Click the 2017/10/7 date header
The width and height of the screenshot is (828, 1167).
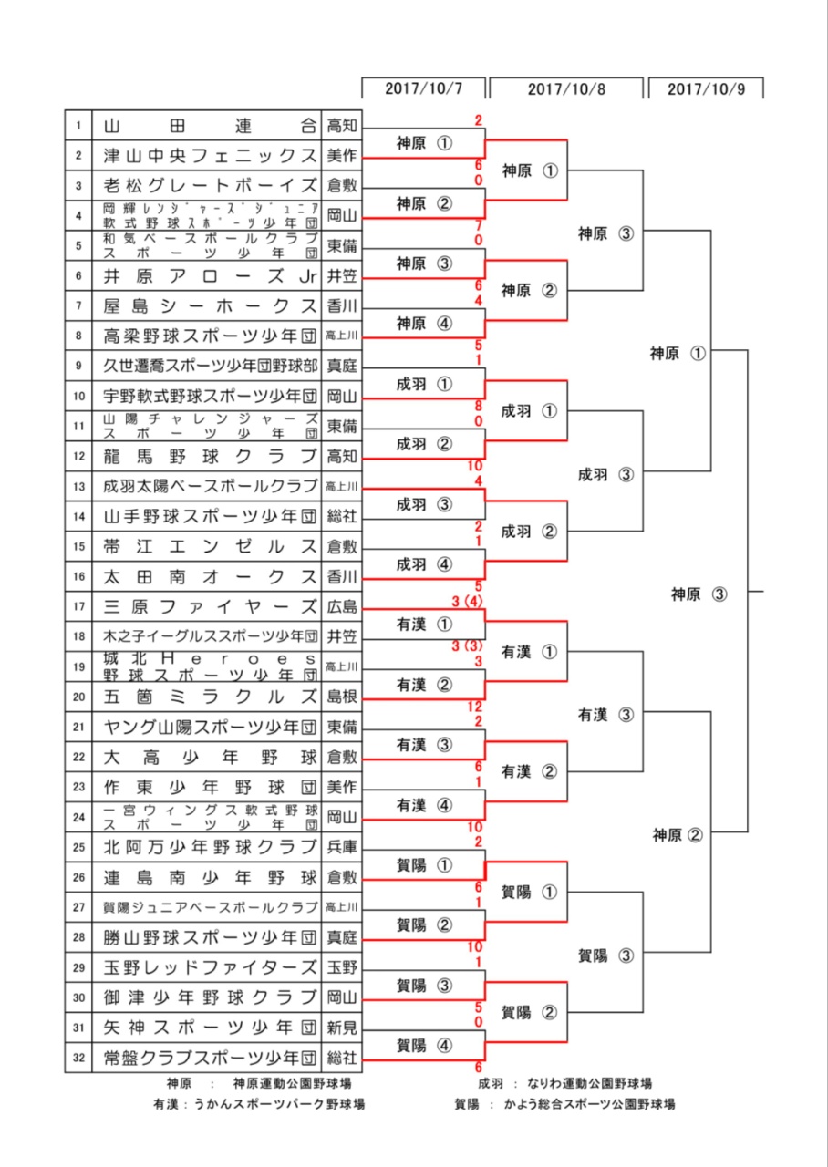click(423, 88)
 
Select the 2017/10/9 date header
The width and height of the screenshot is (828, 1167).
click(706, 88)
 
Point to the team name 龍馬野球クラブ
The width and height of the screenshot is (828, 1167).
click(210, 456)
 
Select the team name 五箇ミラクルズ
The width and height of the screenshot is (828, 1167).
click(210, 697)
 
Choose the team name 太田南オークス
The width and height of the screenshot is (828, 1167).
click(210, 576)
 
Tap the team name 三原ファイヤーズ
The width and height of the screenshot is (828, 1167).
click(210, 606)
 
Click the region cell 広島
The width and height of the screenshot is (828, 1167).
click(342, 606)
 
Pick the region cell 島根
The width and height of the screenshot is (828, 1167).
click(342, 697)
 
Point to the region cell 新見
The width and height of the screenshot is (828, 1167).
click(342, 1028)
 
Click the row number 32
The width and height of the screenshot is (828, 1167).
click(78, 1058)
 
